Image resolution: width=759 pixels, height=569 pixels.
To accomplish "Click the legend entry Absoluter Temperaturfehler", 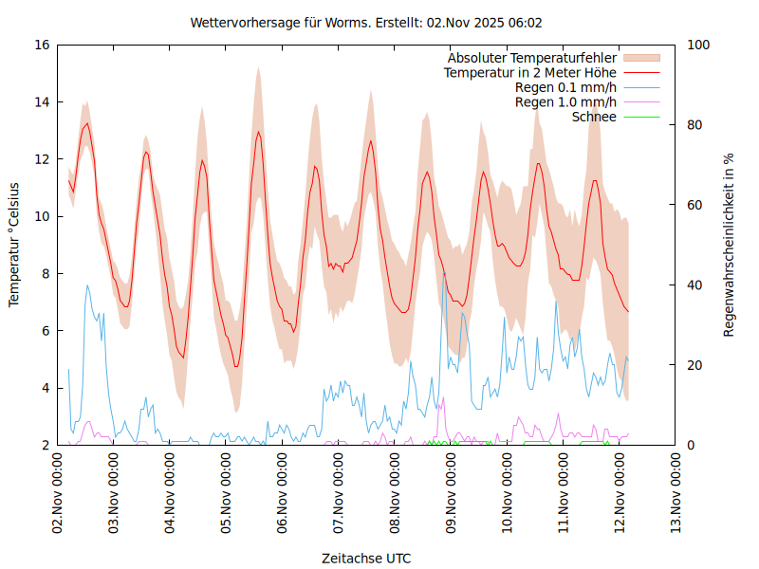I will click(532, 58).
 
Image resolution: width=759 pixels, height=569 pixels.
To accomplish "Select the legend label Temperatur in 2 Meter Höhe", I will click(530, 72).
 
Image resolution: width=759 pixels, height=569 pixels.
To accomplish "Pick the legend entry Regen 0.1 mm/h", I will click(565, 87).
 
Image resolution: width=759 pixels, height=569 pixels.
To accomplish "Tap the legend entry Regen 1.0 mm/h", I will click(565, 101).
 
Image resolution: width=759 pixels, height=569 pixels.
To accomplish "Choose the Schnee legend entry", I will click(595, 117).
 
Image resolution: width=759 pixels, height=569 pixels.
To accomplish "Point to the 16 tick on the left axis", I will click(41, 45).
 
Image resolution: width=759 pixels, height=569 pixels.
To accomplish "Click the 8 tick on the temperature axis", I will click(46, 273).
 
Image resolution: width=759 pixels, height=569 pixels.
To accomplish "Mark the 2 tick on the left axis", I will click(46, 445).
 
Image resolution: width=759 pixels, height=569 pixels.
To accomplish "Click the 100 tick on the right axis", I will click(698, 45).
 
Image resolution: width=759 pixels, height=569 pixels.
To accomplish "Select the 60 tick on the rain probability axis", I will click(694, 205).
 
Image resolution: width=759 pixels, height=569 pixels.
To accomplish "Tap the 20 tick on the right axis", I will click(694, 365).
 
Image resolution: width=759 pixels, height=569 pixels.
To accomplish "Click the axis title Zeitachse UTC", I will click(366, 558).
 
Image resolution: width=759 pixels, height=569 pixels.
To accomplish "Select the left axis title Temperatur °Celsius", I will click(14, 245).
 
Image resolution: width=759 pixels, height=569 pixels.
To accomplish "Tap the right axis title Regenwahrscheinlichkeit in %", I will click(730, 245).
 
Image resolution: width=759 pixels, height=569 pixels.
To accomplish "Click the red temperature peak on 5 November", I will click(258, 132).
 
